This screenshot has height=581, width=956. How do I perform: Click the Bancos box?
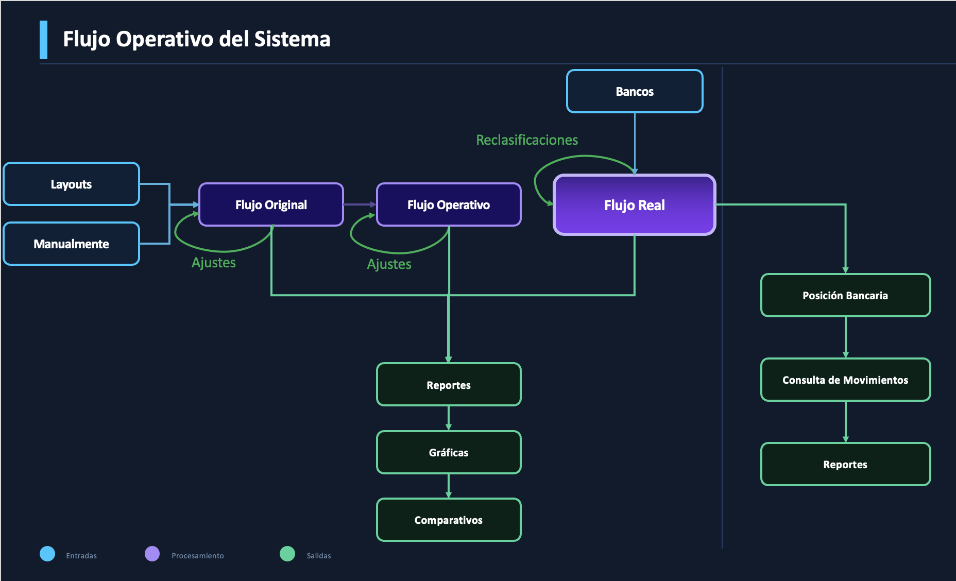(635, 92)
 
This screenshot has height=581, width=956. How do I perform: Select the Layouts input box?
(71, 184)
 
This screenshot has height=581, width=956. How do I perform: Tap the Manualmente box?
(71, 244)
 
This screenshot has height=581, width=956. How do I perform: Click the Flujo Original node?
(271, 205)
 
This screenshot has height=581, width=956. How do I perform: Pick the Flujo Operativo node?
(449, 205)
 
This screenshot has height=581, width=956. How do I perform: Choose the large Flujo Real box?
(635, 205)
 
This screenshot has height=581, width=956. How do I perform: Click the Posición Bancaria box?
(845, 296)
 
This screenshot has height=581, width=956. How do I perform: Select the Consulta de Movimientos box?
(845, 380)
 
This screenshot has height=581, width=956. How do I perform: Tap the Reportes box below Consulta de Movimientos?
(845, 465)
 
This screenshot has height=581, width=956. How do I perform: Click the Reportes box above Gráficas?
(449, 385)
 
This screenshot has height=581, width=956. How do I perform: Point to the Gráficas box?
(449, 453)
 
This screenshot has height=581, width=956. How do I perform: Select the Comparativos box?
(449, 520)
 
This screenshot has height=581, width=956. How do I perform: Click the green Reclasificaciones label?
(526, 140)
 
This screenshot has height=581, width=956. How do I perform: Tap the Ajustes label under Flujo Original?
(213, 263)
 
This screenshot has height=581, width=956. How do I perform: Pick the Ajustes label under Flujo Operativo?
(389, 264)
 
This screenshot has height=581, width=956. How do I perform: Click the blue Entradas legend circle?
(47, 554)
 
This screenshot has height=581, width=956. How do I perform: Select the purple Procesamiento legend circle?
(152, 554)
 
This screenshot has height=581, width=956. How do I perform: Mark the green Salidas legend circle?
(287, 554)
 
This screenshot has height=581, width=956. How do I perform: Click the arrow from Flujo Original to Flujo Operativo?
(360, 204)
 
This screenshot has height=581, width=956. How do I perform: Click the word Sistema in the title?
(292, 39)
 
